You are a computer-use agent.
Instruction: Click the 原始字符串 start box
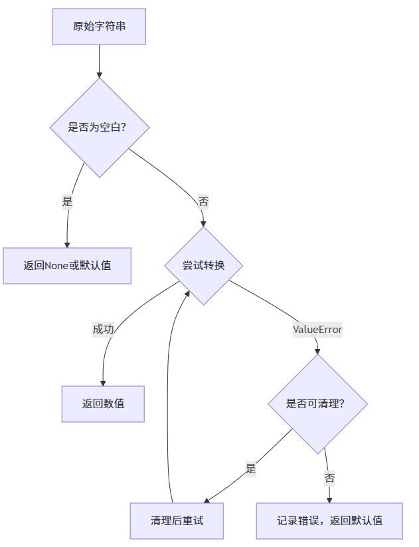point(99,27)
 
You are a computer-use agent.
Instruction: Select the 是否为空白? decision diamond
point(99,127)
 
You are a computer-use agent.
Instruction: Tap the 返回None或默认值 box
point(67,265)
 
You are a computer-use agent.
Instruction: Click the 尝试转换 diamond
point(203,266)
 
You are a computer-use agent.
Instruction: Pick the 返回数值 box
point(103,403)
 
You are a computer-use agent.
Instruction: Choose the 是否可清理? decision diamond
point(317,403)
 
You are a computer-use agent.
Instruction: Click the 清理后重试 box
point(177,520)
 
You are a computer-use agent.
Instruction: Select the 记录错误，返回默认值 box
point(329,520)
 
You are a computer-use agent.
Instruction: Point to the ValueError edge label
point(317,329)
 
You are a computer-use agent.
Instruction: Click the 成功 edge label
point(103,329)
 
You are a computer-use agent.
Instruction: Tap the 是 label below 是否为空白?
point(67,201)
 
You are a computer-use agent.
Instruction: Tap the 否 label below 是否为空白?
point(203,201)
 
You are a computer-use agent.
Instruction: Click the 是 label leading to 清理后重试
point(250,468)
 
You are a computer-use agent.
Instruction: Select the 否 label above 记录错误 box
point(329,478)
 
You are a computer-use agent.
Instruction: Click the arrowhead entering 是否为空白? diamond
point(99,74)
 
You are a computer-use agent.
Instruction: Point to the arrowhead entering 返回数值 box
point(103,382)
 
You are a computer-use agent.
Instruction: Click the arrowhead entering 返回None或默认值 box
point(67,244)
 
